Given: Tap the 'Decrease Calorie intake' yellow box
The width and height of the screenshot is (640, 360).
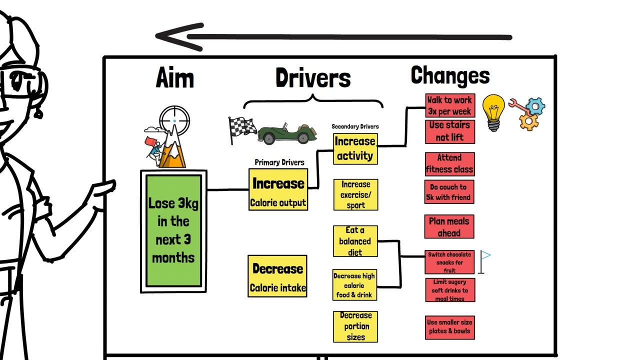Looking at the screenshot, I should click(277, 276).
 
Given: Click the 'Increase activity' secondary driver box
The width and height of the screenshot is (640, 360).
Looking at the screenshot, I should click(355, 148).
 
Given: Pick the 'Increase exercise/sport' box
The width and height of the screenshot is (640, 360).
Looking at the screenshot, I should click(355, 194).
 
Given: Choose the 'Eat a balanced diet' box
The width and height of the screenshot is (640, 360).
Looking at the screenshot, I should click(355, 241).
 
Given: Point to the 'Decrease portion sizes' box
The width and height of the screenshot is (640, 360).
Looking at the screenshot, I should click(355, 326).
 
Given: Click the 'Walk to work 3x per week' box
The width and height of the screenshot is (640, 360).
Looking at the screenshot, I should click(449, 105).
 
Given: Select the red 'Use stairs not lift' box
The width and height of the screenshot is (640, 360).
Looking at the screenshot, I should click(449, 131).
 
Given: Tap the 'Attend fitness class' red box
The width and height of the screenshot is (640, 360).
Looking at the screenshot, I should click(449, 164).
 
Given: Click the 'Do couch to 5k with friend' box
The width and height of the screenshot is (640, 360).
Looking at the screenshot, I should click(449, 192).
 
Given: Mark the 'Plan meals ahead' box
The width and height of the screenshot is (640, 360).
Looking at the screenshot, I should click(449, 227).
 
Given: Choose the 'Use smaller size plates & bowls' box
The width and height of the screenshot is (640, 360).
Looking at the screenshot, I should click(449, 327).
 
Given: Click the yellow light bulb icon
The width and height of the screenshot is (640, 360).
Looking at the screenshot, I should click(493, 111).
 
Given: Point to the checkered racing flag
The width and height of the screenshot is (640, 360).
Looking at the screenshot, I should click(241, 128).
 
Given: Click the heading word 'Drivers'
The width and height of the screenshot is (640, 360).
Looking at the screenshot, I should click(313, 78).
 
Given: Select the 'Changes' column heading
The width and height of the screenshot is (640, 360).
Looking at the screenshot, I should click(450, 76).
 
